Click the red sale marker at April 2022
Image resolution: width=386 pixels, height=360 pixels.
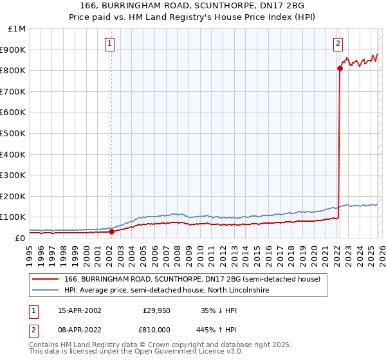click(x=339, y=68)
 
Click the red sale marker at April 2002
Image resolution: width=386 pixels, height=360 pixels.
click(x=111, y=231)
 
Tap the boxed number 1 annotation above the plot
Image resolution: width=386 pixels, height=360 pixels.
click(x=110, y=44)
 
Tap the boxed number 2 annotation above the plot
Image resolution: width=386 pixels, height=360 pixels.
click(x=338, y=44)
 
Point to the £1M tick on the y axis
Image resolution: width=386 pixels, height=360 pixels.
click(x=17, y=29)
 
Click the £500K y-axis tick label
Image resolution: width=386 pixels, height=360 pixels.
click(x=14, y=134)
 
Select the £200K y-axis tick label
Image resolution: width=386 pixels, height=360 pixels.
click(x=14, y=196)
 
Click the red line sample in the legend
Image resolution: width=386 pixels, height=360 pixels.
click(x=45, y=279)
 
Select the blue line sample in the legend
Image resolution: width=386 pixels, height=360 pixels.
click(x=45, y=291)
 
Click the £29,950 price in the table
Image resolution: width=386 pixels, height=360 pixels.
click(x=156, y=310)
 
